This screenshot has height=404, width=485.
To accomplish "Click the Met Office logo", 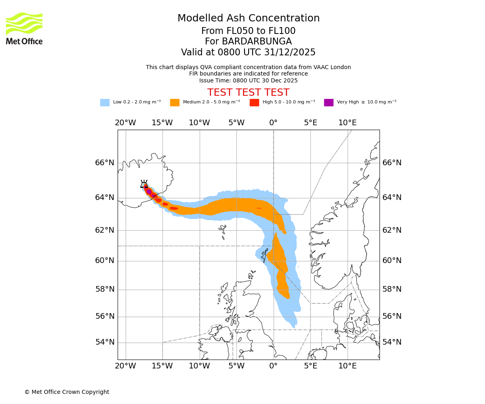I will point(24,28).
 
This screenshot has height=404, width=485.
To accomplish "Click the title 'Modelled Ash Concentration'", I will point(248,18).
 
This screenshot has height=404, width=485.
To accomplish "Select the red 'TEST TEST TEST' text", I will point(248,93).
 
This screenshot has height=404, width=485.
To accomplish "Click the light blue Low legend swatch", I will point(105,103).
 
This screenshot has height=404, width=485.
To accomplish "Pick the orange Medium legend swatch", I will point(175,103).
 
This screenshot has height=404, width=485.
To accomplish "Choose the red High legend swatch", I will point(254,103).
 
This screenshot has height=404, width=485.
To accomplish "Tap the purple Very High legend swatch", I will point(329,103).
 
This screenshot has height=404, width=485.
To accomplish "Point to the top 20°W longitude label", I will point(125,123).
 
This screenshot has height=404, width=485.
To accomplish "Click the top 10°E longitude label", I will point(347,123).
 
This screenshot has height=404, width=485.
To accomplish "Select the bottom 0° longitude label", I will point(274,366).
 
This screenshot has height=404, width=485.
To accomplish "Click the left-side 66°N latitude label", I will point(105,163).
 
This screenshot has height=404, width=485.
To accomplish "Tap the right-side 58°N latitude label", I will point(392,289).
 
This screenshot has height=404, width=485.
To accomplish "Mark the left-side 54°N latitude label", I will point(105,342).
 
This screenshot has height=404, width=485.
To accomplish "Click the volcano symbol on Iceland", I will point(144,184).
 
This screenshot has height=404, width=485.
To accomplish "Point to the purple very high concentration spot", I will point(149,191).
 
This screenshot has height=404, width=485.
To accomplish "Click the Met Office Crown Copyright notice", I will point(67,392).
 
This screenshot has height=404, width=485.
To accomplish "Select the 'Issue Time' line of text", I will point(248,80).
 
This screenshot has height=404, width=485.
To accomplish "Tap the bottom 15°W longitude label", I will point(162,366).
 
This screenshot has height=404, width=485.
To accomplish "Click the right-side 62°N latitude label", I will point(392,230).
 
